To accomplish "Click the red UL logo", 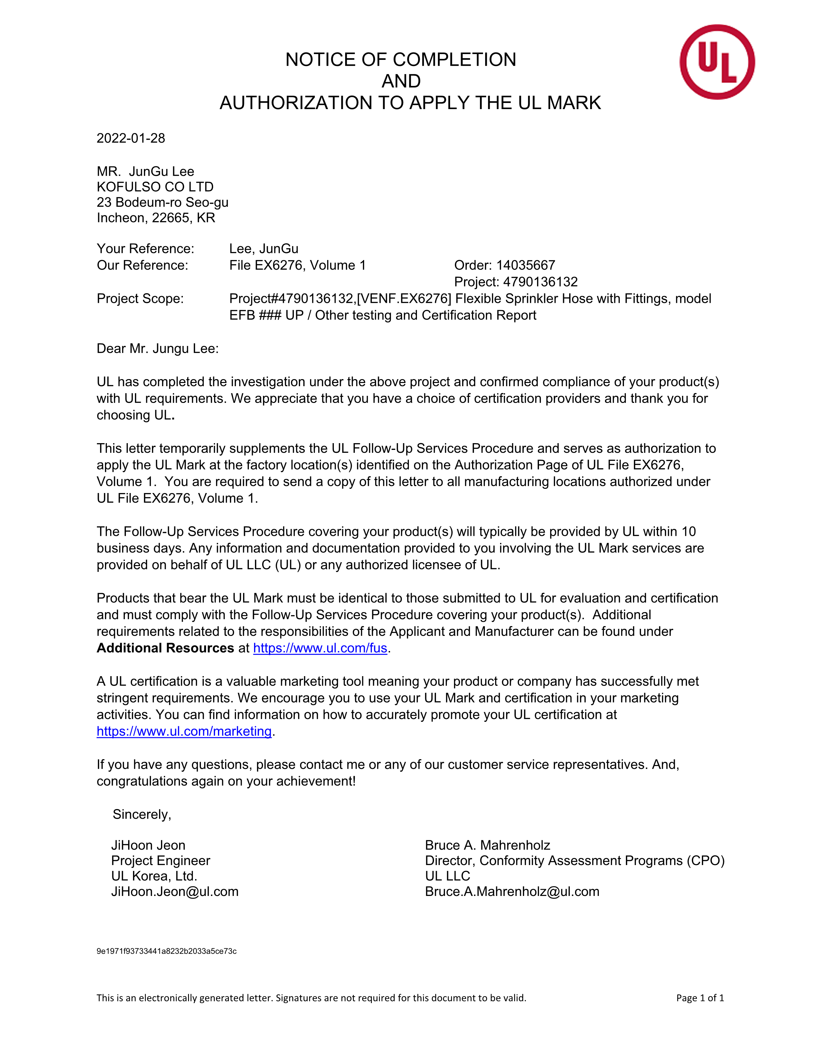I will click(717, 62).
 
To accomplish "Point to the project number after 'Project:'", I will click(540, 282).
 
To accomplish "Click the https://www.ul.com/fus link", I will click(320, 648).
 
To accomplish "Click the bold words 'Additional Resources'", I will click(165, 648).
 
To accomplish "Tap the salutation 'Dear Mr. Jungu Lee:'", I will click(157, 348).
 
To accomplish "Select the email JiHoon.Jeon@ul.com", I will click(175, 891).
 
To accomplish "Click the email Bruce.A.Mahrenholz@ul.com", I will click(512, 891).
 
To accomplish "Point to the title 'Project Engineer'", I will click(161, 860).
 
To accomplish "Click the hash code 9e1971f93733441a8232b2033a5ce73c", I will click(166, 951).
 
